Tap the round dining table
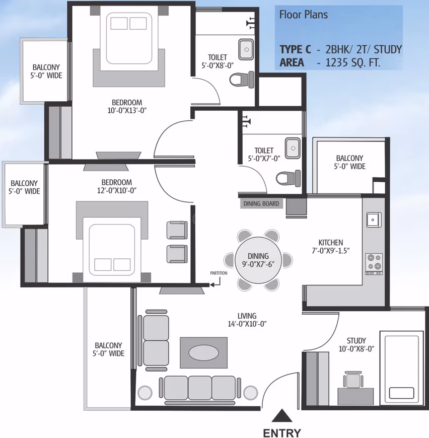(x=258, y=260)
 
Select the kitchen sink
(x=374, y=220)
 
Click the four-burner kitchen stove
(x=374, y=264)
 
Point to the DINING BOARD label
(x=261, y=203)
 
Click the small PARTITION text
(x=219, y=273)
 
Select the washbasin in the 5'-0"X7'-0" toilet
(x=293, y=148)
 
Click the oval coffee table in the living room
(x=203, y=353)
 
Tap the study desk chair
(x=353, y=380)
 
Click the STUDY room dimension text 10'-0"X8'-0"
(x=356, y=349)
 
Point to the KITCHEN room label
(x=331, y=243)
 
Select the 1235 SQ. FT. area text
(x=353, y=62)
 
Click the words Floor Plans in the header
(x=304, y=15)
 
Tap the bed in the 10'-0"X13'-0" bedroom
(x=129, y=41)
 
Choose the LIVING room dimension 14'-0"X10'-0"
(x=247, y=324)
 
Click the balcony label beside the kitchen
(x=349, y=162)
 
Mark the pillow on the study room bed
(x=402, y=393)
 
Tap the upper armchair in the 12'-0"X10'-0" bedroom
(x=177, y=230)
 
